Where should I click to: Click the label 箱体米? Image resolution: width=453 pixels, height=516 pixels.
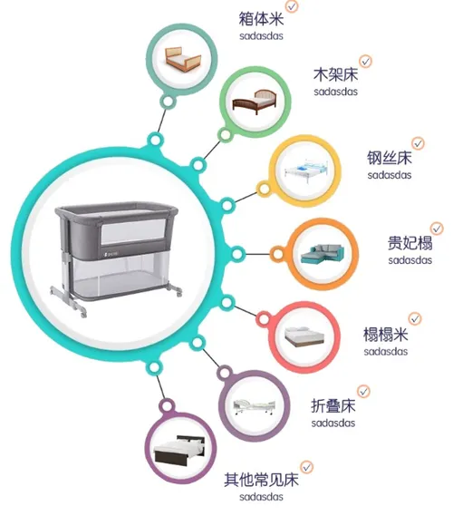click(x=261, y=18)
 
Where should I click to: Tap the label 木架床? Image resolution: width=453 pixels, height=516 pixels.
click(x=335, y=74)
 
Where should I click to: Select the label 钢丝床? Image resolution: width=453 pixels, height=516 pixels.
click(x=390, y=158)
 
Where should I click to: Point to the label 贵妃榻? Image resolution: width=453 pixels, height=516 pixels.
click(x=410, y=243)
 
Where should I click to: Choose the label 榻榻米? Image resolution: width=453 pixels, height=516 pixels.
click(x=385, y=335)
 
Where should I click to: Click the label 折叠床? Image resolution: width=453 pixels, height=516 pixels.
click(x=333, y=405)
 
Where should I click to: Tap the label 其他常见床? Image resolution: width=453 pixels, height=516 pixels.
click(x=261, y=480)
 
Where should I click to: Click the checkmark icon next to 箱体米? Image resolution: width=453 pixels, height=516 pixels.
click(x=292, y=5)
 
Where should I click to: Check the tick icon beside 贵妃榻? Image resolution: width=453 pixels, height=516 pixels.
click(x=437, y=229)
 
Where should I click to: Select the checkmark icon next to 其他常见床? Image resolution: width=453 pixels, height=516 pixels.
click(x=307, y=467)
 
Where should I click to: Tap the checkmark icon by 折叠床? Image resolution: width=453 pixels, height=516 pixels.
click(x=363, y=391)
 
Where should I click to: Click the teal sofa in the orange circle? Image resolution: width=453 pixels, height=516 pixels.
click(x=323, y=254)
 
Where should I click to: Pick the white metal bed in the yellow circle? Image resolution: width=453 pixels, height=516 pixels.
click(x=305, y=171)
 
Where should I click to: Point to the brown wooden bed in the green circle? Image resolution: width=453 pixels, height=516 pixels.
click(x=255, y=102)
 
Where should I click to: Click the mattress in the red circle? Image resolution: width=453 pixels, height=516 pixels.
click(x=304, y=337)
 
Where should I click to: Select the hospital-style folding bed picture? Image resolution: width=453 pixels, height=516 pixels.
click(x=254, y=407)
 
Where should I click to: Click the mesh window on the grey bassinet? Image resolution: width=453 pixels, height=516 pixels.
click(x=133, y=230)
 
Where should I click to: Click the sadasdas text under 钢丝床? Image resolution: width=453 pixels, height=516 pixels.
click(x=390, y=175)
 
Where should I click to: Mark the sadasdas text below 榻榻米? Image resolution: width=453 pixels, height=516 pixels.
click(x=386, y=352)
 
